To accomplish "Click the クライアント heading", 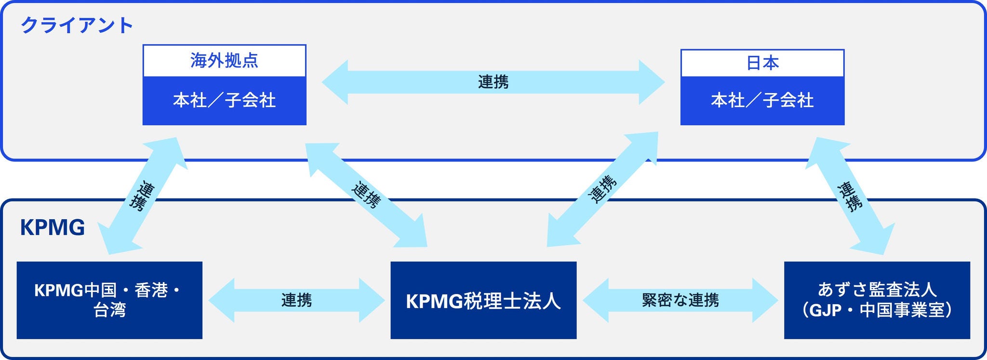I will pyautogui.click(x=76, y=25).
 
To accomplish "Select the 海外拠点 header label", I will pyautogui.click(x=224, y=61).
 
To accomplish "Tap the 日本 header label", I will pyautogui.click(x=762, y=63).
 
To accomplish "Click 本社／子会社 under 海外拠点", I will pyautogui.click(x=224, y=100).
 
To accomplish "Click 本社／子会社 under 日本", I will pyautogui.click(x=762, y=100).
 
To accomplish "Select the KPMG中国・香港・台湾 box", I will pyautogui.click(x=109, y=300).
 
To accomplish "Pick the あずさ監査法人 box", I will pyautogui.click(x=877, y=300).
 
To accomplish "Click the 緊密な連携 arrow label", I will pyautogui.click(x=680, y=300).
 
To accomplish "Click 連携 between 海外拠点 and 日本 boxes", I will pyautogui.click(x=493, y=82).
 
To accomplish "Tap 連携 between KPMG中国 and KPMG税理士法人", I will pyautogui.click(x=296, y=300).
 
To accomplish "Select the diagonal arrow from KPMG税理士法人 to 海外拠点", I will pyautogui.click(x=366, y=195).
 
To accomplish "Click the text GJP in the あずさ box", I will pyautogui.click(x=825, y=310).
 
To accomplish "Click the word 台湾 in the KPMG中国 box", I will pyautogui.click(x=109, y=310).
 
